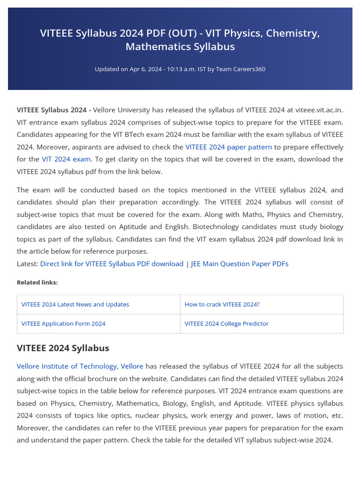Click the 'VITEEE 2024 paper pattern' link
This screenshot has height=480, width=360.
[x=228, y=147]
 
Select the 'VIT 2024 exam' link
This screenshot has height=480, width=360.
[x=66, y=159]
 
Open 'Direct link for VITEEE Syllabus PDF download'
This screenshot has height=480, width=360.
[x=112, y=263]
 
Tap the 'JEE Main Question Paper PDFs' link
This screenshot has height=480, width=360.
[x=240, y=263]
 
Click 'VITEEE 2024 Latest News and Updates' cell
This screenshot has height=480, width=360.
[x=75, y=304]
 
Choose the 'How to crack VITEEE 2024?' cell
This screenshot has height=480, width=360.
[x=222, y=304]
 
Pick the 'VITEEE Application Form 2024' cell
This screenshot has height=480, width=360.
[x=63, y=323]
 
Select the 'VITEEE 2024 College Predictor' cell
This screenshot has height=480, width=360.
[x=226, y=323]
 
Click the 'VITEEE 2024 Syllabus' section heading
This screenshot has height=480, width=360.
[x=63, y=348]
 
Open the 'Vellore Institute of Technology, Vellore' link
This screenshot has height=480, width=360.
[x=80, y=366]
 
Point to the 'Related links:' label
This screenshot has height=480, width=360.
[x=37, y=282]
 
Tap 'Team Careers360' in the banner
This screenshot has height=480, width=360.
[x=240, y=69]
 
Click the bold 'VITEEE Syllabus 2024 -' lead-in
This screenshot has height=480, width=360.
[x=54, y=110]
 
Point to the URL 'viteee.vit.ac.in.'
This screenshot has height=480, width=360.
[x=319, y=110]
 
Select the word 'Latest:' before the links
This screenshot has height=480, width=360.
[x=27, y=263]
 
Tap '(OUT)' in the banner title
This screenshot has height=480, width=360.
[x=162, y=33]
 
